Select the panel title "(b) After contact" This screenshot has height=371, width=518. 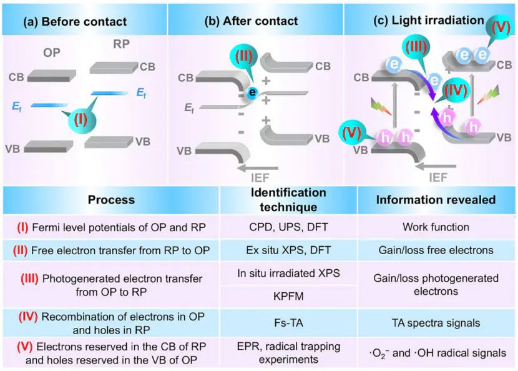[252, 22]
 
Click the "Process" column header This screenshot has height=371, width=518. [110, 200]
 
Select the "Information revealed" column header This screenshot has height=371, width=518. [437, 200]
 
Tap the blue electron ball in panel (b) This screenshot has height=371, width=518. [252, 91]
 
